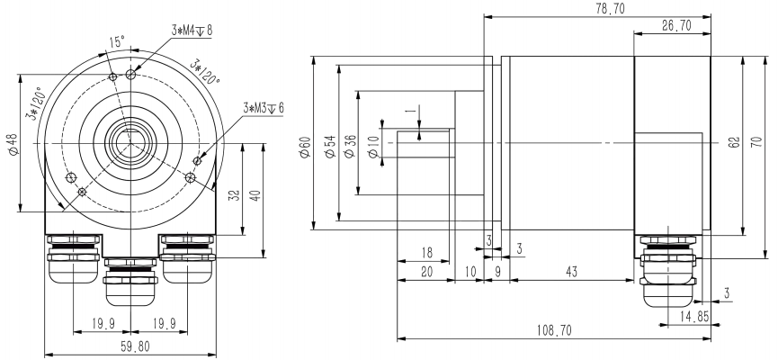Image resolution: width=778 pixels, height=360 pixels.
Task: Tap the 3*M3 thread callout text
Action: (x=263, y=107)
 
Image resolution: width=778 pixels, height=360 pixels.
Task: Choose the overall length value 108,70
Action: (x=553, y=331)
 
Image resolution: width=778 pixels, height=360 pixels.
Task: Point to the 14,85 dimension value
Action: (x=688, y=316)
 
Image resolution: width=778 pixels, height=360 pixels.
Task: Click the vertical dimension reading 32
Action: (x=233, y=193)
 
